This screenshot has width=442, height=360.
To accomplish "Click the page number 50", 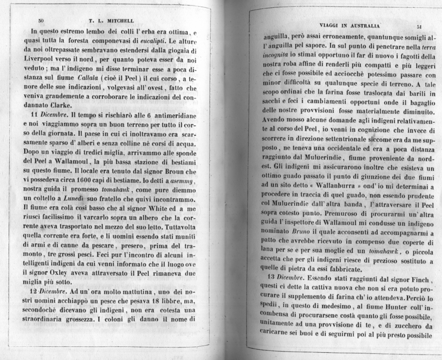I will click(41, 21).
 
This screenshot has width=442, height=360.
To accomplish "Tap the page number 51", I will click(420, 27).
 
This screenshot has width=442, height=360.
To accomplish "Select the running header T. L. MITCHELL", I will click(112, 21).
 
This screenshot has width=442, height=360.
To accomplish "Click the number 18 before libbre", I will click(129, 301).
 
